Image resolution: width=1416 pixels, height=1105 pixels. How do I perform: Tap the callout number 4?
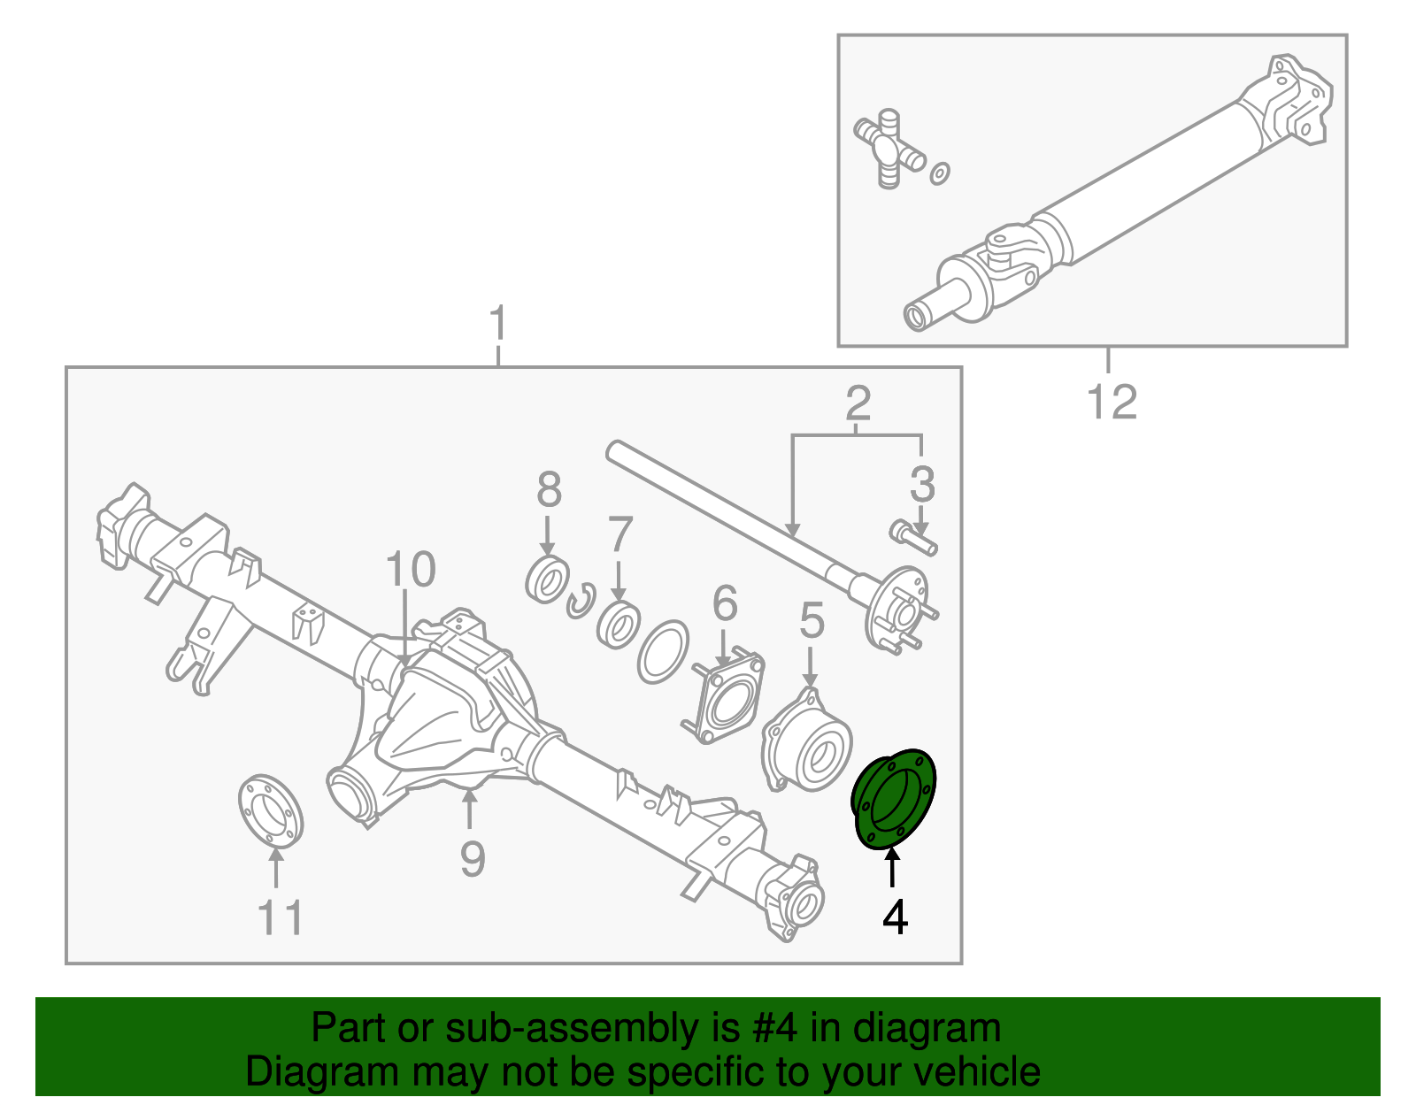point(895,917)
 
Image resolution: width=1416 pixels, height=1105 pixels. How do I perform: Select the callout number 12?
point(1111,403)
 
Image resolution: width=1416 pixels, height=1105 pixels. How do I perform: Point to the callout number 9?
point(473,858)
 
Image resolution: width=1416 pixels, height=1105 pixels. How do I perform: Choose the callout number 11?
point(281,917)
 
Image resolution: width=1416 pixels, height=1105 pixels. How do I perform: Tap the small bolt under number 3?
point(912,536)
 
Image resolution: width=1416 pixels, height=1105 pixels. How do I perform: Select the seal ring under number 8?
point(546,581)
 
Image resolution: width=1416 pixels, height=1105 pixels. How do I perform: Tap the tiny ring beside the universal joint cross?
point(940,173)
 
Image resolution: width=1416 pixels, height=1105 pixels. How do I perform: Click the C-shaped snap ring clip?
point(581,602)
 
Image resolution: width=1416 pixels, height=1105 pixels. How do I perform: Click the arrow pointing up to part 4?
point(892,866)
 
